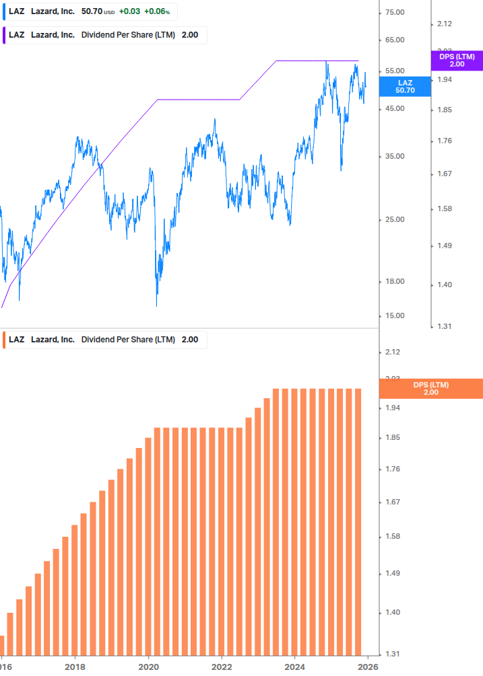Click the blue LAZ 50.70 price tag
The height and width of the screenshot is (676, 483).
point(405,86)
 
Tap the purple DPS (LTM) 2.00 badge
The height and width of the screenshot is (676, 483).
point(457,61)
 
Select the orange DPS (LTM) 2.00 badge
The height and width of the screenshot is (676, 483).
point(431,389)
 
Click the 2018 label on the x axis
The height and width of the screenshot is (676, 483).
point(75,667)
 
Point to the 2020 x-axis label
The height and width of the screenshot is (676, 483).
point(148,667)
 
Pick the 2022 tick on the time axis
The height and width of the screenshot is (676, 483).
point(222,667)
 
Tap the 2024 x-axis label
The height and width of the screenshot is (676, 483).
point(295,667)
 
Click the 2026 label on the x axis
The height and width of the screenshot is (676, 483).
point(367,667)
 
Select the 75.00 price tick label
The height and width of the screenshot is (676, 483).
point(394,12)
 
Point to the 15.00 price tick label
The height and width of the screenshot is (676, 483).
point(394,315)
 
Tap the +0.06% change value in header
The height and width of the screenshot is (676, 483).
point(157,11)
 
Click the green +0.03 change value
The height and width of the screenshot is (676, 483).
point(129,11)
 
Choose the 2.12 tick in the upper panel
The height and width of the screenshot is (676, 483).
point(445,24)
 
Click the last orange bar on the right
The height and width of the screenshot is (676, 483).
point(358,521)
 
